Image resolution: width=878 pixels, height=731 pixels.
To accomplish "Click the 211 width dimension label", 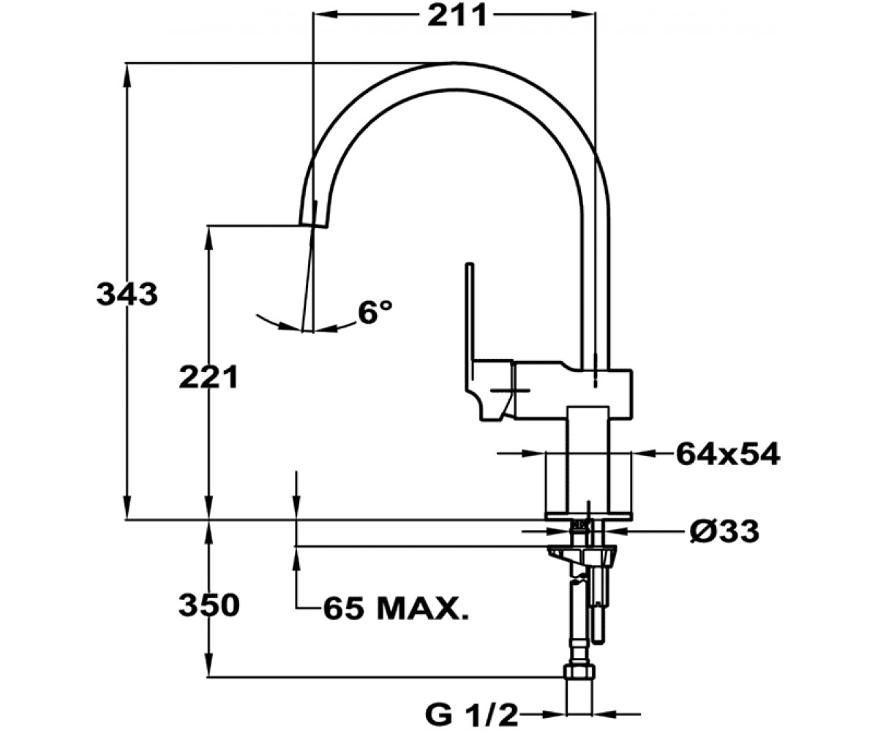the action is point(457,15).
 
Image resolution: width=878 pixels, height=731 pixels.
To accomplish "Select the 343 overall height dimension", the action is point(127,294).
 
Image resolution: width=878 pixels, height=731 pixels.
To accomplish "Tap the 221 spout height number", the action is point(209,377).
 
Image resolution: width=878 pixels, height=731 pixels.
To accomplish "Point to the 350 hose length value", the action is point(209,605).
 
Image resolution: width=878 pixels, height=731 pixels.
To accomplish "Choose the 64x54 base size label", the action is point(728,454).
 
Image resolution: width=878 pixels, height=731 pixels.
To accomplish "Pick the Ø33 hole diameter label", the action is point(724,531).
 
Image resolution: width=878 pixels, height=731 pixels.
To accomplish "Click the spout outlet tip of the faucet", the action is point(315,224).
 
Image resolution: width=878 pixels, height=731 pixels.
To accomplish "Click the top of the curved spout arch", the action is point(454,64).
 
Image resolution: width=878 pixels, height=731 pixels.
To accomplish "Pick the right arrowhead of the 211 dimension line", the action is point(584,15).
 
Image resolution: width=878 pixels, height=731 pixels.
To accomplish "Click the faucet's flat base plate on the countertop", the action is point(588,515).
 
